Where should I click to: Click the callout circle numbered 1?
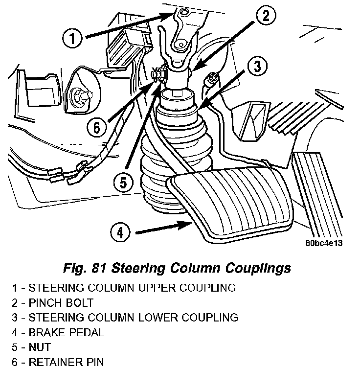72,38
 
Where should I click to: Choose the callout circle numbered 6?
96,128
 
